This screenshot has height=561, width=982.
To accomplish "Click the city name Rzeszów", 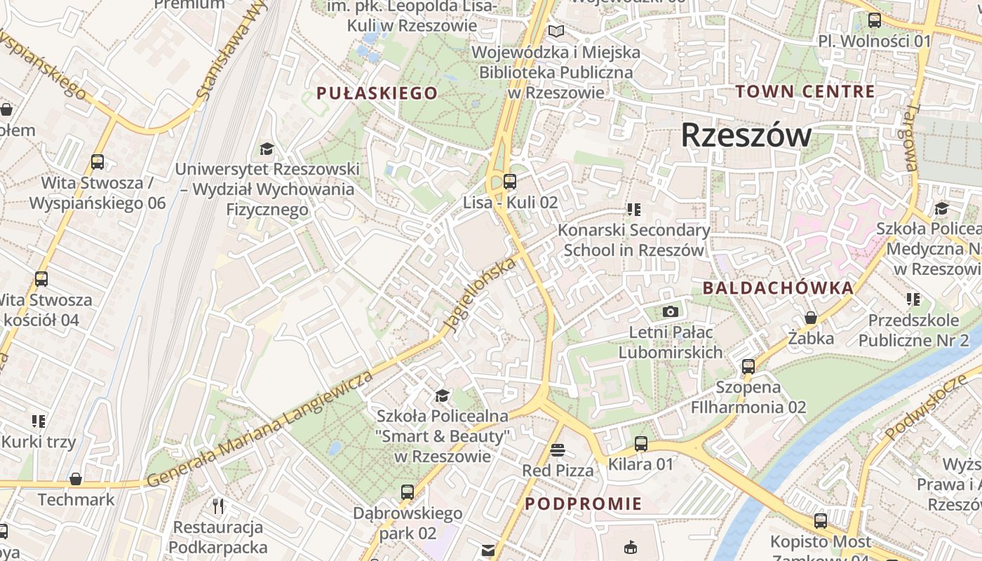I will (x=746, y=135).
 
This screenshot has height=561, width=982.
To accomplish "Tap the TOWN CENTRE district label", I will (x=805, y=91).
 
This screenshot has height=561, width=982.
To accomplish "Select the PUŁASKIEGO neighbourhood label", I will (x=377, y=93).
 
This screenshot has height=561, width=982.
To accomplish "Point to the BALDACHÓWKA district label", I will (x=778, y=288).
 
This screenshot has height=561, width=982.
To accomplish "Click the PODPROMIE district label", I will (x=583, y=503).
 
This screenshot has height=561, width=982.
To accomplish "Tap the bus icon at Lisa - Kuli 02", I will (x=510, y=182).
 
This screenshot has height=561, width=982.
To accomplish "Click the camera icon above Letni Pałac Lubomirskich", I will (x=671, y=311).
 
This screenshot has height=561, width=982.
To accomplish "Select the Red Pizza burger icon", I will (x=558, y=450).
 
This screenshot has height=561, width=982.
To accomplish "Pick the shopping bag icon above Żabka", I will (x=811, y=318).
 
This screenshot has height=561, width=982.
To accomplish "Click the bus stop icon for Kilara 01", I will (x=640, y=443).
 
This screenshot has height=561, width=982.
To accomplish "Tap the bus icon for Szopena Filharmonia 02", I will (x=748, y=366).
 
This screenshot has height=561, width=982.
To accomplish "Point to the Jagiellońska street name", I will (x=480, y=295).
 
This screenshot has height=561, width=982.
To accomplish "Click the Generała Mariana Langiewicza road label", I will (x=260, y=429).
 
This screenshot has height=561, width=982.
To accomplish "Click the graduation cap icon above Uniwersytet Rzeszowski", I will (x=267, y=149).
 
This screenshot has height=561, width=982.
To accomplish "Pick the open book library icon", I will (x=556, y=32).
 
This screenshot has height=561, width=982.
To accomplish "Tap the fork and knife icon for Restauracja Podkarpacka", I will (x=218, y=506).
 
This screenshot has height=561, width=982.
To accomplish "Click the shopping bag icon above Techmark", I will (x=76, y=479).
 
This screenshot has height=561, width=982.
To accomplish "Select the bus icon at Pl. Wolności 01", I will (x=875, y=20).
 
